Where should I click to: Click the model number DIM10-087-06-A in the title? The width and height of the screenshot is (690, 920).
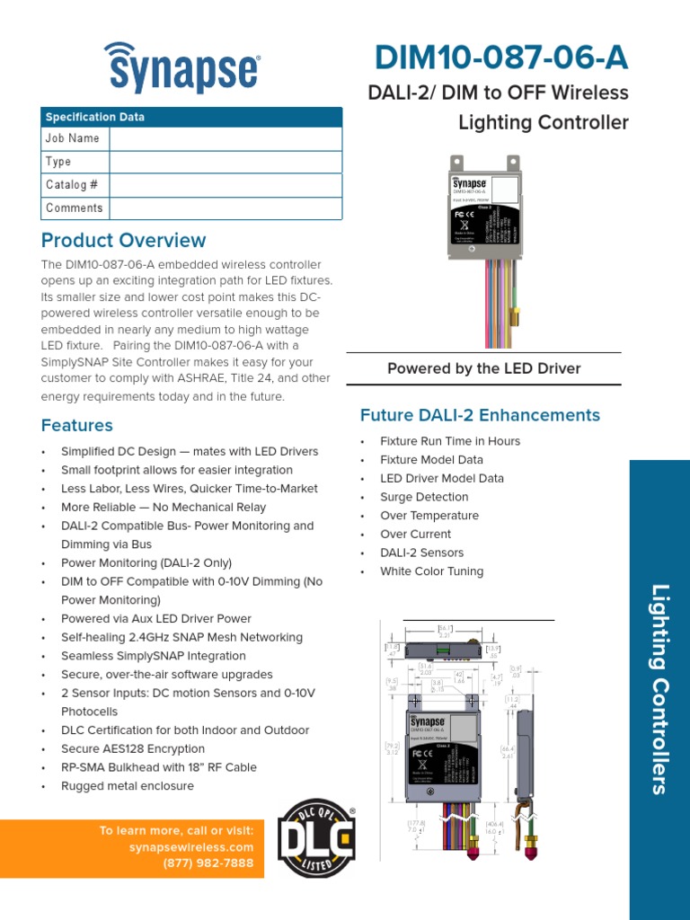coord(500,58)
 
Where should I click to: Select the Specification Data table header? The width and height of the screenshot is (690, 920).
coord(94,117)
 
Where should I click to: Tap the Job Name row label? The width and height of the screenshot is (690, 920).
coord(73,138)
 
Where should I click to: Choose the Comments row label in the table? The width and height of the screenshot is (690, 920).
coord(75,208)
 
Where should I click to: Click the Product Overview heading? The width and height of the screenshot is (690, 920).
coord(123,241)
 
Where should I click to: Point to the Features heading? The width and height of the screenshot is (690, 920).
coord(77,425)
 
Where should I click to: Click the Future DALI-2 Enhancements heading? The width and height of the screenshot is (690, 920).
coord(480,415)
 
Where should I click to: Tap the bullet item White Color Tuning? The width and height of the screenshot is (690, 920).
coord(431,571)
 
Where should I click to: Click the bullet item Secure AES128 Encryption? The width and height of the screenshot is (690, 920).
coord(132,748)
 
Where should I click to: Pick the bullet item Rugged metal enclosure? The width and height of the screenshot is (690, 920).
coord(127,786)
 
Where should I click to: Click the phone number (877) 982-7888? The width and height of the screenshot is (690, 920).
coord(208,863)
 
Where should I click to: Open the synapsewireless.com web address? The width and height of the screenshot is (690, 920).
coord(191,847)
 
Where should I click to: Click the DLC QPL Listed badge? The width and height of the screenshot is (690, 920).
coord(315,838)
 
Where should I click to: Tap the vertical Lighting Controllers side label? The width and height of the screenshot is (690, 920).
coord(660,689)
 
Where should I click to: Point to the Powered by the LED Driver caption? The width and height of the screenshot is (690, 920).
coord(483,368)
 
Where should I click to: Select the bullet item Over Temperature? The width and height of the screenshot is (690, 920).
coord(429,516)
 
